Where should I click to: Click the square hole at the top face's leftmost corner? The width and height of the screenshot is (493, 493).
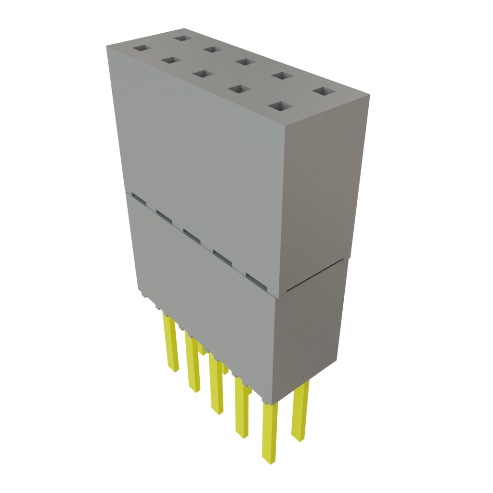click(x=142, y=49)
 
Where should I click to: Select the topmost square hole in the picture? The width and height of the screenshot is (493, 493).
click(x=183, y=38)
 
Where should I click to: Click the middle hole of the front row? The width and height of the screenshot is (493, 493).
click(x=203, y=74)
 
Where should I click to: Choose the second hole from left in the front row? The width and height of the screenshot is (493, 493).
click(x=170, y=60)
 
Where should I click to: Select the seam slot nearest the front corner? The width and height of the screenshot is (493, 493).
click(x=256, y=280)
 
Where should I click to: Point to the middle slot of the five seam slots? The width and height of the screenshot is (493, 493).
click(x=191, y=235)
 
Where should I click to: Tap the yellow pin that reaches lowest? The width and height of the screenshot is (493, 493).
click(x=270, y=433)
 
